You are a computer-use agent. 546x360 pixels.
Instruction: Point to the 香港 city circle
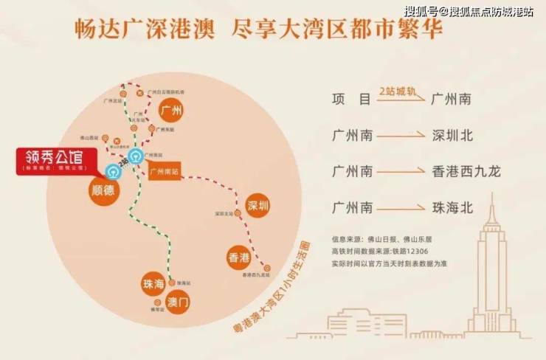click(239, 258)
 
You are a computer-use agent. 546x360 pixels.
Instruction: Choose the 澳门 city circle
click(179, 302)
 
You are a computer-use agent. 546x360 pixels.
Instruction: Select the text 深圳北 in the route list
click(452, 135)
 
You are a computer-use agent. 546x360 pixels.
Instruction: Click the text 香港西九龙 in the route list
click(466, 171)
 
